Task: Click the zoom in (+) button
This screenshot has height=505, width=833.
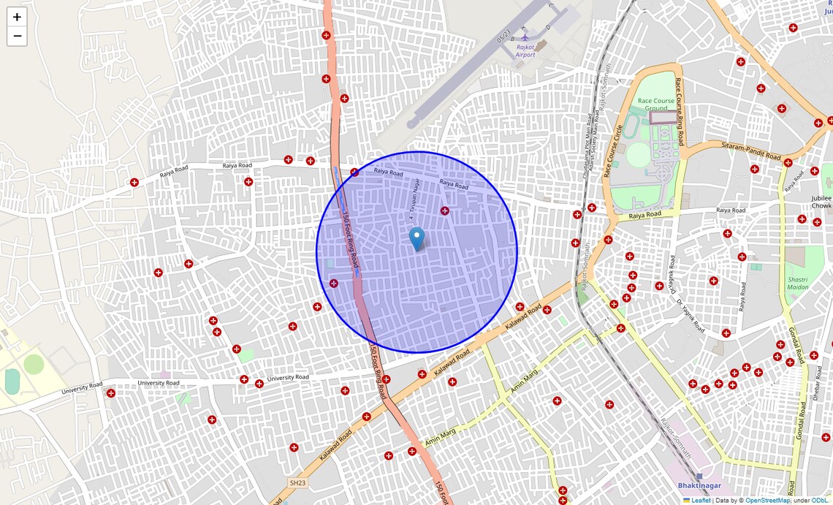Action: pyautogui.click(x=17, y=17)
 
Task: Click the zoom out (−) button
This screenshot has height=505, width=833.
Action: pyautogui.click(x=17, y=36)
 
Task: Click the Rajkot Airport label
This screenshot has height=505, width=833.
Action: pyautogui.click(x=525, y=50)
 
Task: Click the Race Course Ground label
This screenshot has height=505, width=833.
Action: pyautogui.click(x=656, y=105)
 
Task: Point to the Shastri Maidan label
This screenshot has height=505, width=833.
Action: pyautogui.click(x=798, y=284)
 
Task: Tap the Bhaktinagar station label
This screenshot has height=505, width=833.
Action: pyautogui.click(x=699, y=486)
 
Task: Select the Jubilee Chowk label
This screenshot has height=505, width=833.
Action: pyautogui.click(x=821, y=202)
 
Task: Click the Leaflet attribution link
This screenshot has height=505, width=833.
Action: pyautogui.click(x=700, y=501)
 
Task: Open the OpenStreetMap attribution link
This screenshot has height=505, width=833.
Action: pyautogui.click(x=767, y=501)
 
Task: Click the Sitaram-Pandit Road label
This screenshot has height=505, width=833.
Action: pyautogui.click(x=750, y=151)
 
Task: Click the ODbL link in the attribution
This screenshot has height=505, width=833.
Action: pyautogui.click(x=820, y=501)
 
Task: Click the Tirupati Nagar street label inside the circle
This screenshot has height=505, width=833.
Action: pyautogui.click(x=414, y=199)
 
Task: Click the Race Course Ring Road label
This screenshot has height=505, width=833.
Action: pyautogui.click(x=680, y=112)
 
